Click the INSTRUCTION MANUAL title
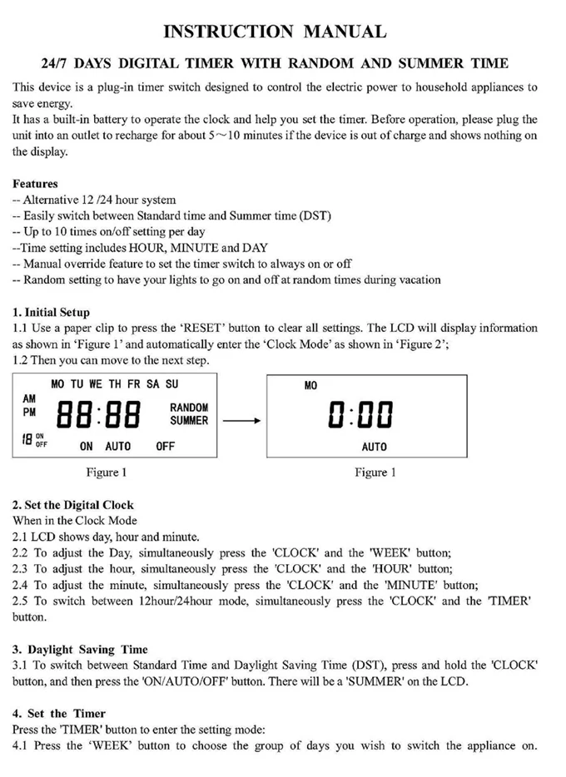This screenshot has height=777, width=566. coord(275,32)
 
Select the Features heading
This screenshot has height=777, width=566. coord(35,184)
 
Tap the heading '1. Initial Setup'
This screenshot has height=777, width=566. coord(51,313)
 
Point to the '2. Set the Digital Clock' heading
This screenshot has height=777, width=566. coord(72,505)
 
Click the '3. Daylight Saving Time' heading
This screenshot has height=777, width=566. coord(80,649)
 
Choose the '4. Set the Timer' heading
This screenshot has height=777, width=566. coord(59,713)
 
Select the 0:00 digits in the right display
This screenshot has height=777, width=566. coord(360,413)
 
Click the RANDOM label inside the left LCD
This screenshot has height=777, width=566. coord(189,408)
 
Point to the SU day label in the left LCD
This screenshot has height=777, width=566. coord(171,384)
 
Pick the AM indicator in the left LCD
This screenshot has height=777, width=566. coord(30,399)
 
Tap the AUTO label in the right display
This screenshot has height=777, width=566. coord(375,447)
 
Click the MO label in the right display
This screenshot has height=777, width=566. coord(311,386)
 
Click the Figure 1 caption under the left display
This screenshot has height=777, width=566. coord(107,473)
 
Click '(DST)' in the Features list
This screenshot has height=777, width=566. coord(313,215)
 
